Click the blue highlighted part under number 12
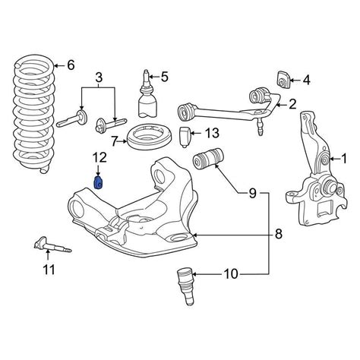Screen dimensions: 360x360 tap(98, 182)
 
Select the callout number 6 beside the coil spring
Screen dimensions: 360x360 tap(71, 65)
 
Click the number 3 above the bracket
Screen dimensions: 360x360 tap(99, 77)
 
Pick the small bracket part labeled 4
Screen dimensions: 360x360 tap(283, 80)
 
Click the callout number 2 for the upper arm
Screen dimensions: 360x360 tap(292, 104)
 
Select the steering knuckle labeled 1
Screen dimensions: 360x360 tap(317, 169)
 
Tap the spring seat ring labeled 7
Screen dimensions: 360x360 tap(150, 137)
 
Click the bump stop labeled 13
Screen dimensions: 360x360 tap(185, 137)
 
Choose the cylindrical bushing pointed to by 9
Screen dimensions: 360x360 tap(208, 159)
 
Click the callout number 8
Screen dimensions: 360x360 tap(278, 234)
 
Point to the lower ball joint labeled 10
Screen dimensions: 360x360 tap(186, 286)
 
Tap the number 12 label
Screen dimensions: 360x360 tap(99, 157)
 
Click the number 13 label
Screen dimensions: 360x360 tap(212, 133)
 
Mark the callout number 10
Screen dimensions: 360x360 tap(231, 274)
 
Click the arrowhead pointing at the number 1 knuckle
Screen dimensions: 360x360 tap(331, 159)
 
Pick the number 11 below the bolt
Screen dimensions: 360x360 tap(49, 270)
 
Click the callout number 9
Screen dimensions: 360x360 tap(252, 194)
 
